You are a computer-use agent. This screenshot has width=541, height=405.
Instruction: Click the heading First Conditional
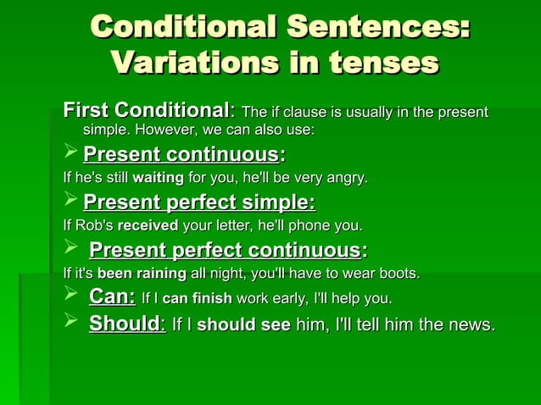point(146,111)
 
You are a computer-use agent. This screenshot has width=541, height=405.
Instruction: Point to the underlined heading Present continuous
point(181,155)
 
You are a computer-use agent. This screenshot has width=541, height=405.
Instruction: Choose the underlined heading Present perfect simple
point(199,202)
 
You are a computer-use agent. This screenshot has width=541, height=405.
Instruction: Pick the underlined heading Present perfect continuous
point(225,250)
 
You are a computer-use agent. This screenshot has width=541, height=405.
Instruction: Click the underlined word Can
point(111,297)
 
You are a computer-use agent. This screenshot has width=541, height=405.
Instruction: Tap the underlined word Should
point(126,324)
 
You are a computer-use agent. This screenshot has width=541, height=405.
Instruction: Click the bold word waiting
point(158,179)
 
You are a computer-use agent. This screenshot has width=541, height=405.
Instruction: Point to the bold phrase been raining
point(142,274)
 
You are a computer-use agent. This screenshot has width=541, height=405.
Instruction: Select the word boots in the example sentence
point(399,274)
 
